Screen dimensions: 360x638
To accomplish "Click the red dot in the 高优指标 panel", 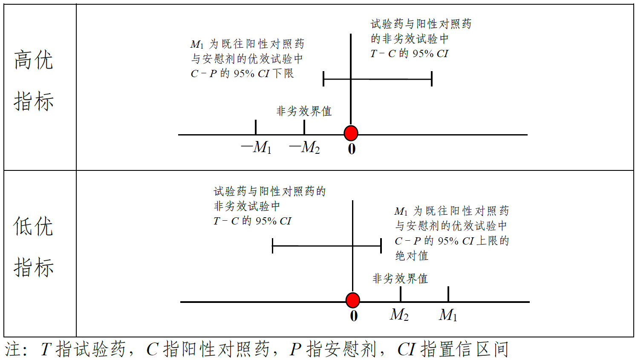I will coord(351,133).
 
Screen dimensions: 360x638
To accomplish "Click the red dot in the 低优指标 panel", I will coord(352,300).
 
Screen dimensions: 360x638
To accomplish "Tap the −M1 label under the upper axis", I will coord(256,147).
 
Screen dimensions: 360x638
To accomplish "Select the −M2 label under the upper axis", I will coord(304,147).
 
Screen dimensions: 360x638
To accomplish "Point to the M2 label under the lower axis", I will coord(399,315).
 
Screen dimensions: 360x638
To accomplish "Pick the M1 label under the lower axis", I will coord(448,315).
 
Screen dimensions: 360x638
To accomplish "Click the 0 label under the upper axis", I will coord(352,149).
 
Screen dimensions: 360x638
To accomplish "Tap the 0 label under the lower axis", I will coord(354,316).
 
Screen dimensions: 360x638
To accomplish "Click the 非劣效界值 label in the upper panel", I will coord(304,111).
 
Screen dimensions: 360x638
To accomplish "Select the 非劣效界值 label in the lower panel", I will coord(400,279).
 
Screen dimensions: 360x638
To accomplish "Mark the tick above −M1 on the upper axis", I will coord(256,127).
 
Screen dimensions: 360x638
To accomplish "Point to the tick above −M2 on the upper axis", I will coord(304,127).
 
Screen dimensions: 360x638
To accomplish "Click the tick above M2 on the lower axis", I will coord(401,294).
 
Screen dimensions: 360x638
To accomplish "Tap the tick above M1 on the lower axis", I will coord(448,294).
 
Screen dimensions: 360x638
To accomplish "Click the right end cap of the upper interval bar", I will coord(432,79).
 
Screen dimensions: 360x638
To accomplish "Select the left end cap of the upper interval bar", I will coord(324,79).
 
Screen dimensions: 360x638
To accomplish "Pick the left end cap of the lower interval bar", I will coord(273,246).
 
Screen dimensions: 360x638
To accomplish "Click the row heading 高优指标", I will coord(34,80).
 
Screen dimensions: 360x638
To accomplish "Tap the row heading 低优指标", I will coord(34,247).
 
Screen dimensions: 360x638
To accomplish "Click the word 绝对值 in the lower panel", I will coord(412,256).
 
